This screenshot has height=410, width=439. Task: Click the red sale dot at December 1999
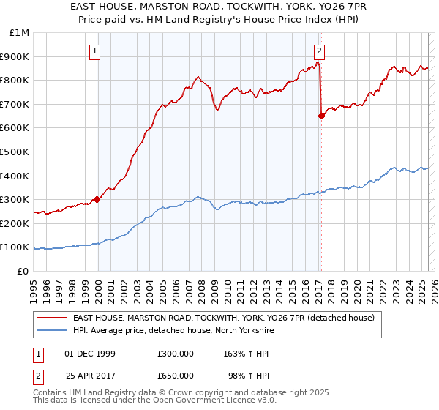(97, 199)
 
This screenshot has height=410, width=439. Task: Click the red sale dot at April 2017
(321, 115)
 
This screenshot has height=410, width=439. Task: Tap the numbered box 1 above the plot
(96, 51)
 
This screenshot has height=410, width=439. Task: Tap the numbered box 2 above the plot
(320, 51)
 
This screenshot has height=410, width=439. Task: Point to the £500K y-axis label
(16, 152)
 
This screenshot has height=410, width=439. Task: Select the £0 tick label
(24, 271)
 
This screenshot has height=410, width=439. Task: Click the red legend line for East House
(51, 318)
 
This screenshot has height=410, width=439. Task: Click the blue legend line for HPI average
(51, 329)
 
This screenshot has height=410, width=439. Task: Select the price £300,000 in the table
(175, 354)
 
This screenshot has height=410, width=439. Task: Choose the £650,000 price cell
(175, 375)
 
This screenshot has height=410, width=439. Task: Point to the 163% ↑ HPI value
(248, 354)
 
